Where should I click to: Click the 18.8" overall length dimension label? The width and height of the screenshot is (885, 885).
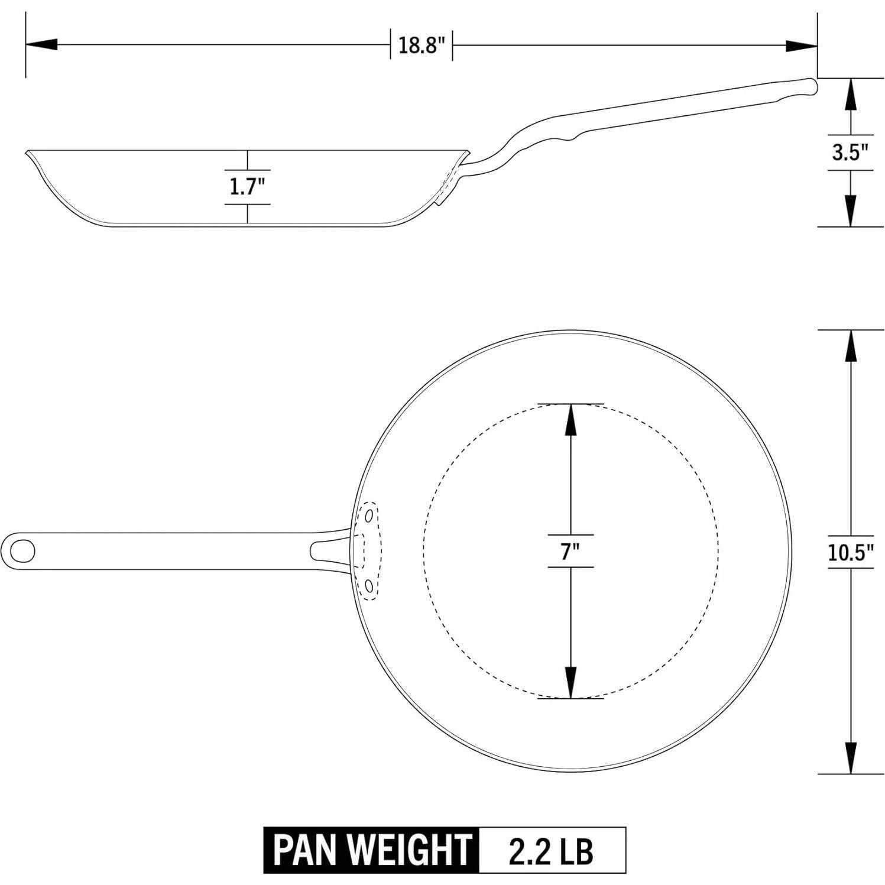pyautogui.click(x=421, y=45)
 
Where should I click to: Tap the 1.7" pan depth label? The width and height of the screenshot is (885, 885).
pyautogui.click(x=247, y=187)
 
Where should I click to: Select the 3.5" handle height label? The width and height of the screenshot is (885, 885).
pyautogui.click(x=850, y=153)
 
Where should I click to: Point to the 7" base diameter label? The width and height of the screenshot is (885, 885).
pyautogui.click(x=570, y=552)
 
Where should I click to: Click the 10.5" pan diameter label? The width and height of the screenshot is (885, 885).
pyautogui.click(x=850, y=552)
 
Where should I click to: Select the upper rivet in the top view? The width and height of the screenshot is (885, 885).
pyautogui.click(x=369, y=516)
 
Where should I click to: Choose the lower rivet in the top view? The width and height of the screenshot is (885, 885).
pyautogui.click(x=369, y=585)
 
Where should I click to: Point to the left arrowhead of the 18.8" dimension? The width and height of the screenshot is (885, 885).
pyautogui.click(x=41, y=44)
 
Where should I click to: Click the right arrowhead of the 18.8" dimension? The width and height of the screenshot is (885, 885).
pyautogui.click(x=802, y=45)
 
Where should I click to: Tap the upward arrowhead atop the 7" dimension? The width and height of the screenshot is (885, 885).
pyautogui.click(x=570, y=420)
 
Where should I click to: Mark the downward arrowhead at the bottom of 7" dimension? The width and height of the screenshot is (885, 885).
pyautogui.click(x=570, y=682)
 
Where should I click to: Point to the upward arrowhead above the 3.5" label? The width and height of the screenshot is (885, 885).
pyautogui.click(x=850, y=95)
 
